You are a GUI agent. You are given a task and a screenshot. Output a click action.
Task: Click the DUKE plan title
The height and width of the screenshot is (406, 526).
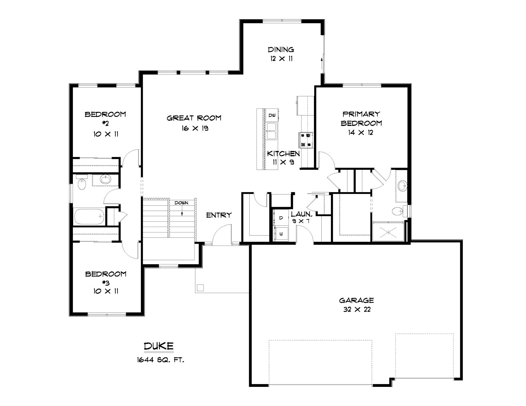coord(159,346)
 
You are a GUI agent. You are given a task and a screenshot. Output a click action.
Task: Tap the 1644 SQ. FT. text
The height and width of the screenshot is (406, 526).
coord(161,360)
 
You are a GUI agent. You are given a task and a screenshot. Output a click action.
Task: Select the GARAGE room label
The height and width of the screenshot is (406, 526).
coord(356,300)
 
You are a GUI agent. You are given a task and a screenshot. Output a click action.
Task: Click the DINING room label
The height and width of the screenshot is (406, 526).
coord(281,50)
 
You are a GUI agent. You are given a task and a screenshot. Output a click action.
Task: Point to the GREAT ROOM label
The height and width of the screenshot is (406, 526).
coord(194,118)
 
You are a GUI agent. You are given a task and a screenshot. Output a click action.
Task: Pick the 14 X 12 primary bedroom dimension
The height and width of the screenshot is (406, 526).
coord(361,133)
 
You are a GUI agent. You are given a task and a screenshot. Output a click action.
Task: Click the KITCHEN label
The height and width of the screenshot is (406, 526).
coord(283,153)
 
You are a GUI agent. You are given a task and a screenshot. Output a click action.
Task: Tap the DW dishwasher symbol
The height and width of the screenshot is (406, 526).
coord(272,115)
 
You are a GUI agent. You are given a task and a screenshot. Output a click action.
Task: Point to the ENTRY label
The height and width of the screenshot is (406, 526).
coord(219,215)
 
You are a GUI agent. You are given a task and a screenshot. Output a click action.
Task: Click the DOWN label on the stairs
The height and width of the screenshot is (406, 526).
coord(182,203)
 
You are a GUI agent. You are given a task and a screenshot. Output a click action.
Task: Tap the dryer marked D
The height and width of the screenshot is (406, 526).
coord(281,218)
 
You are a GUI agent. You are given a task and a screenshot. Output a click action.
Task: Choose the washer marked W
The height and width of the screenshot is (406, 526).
coord(281,234)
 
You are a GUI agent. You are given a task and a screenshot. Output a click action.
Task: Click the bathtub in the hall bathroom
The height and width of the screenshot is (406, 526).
coord(89,217)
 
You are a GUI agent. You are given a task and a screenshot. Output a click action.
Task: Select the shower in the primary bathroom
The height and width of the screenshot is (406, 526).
coord(388,232)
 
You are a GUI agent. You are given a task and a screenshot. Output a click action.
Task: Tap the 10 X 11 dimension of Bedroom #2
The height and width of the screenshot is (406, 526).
coord(106,134)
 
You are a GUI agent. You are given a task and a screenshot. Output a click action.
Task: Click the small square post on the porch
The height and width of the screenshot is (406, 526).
coord(201,288)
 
